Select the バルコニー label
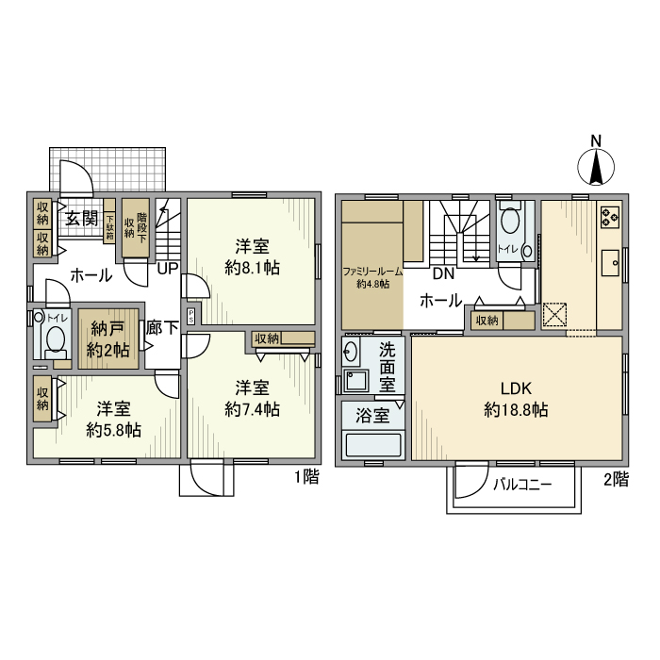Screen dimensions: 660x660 click(x=522, y=485)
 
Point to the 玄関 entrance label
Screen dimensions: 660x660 click(x=81, y=218)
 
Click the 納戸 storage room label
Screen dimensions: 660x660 click(x=108, y=329)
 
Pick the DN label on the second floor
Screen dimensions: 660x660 click(x=443, y=274)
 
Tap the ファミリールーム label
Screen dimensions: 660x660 click(x=372, y=272)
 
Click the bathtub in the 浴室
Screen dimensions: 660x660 click(x=373, y=445)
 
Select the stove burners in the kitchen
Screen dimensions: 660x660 click(x=608, y=218)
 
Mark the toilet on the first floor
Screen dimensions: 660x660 click(x=56, y=339)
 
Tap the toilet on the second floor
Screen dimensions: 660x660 click(x=511, y=223)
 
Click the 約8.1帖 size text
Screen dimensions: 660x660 click(x=252, y=268)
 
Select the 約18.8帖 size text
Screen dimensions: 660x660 click(x=516, y=410)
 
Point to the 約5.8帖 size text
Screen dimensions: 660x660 click(x=113, y=430)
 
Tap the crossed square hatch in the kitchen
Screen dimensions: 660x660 click(x=553, y=315)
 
